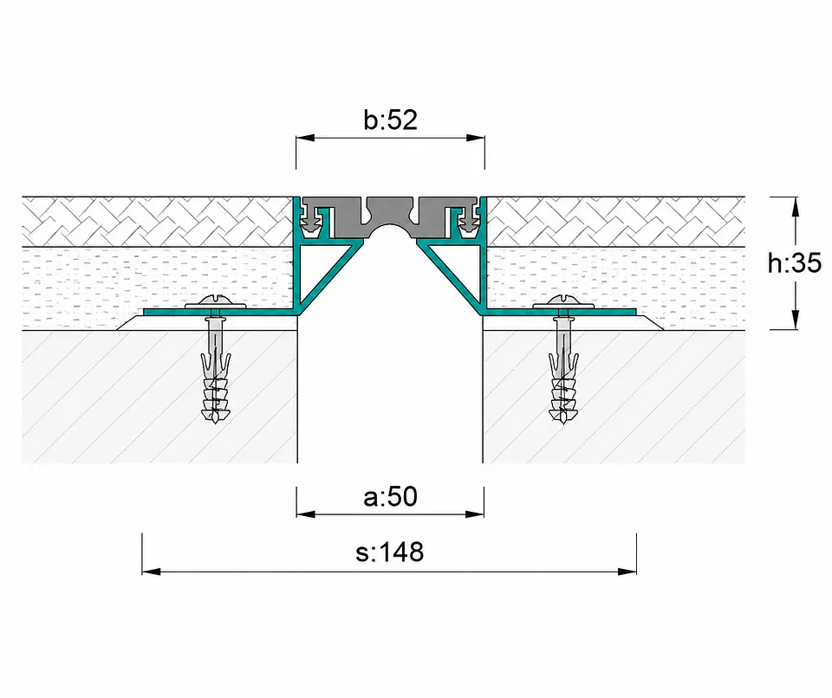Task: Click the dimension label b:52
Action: pyautogui.click(x=391, y=120)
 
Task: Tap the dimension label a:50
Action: pyautogui.click(x=391, y=497)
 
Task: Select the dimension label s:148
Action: pyautogui.click(x=390, y=553)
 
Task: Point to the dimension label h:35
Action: pyautogui.click(x=795, y=263)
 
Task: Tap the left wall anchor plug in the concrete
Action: pyautogui.click(x=216, y=372)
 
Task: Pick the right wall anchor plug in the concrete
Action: pyautogui.click(x=563, y=372)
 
